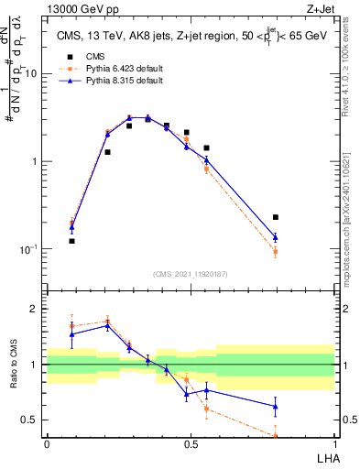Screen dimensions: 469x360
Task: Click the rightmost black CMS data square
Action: click(x=276, y=217)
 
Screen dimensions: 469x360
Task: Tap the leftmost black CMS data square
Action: click(x=71, y=241)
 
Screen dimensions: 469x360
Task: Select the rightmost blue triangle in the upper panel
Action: click(x=276, y=237)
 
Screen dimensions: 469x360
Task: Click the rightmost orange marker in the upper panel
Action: click(x=276, y=251)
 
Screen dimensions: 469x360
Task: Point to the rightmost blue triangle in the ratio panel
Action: click(x=276, y=406)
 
